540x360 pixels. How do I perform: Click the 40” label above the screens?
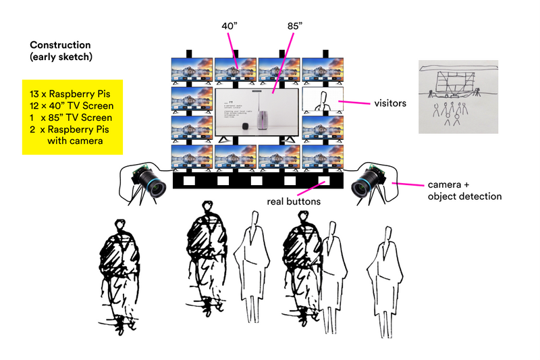[230, 26]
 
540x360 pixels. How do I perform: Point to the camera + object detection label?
[465, 190]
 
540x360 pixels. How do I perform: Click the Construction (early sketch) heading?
[61, 51]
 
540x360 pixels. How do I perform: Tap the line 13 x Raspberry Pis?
[70, 93]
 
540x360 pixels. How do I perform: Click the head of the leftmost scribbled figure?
[120, 226]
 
